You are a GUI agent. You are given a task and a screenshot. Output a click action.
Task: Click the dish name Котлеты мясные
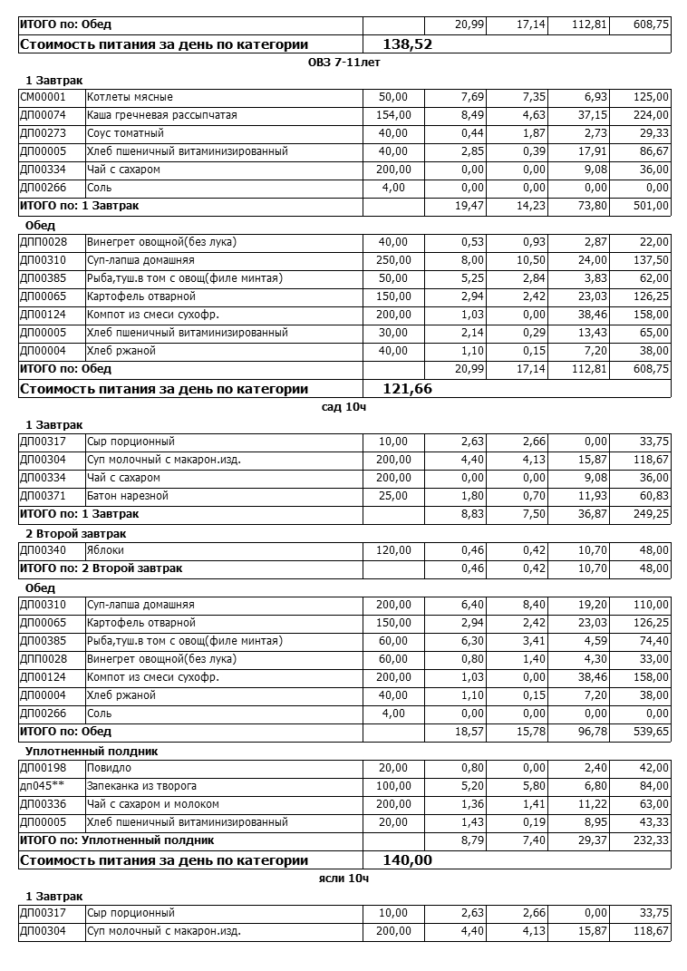130,97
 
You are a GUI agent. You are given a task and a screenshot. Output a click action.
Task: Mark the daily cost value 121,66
407,389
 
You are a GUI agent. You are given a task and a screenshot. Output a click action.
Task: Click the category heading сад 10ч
343,407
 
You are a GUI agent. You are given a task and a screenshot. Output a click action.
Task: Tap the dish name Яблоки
106,550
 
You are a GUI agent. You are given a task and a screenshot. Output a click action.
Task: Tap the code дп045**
42,786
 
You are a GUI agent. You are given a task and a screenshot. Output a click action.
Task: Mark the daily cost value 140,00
407,860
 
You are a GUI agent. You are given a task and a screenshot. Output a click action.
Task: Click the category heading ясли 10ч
343,879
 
